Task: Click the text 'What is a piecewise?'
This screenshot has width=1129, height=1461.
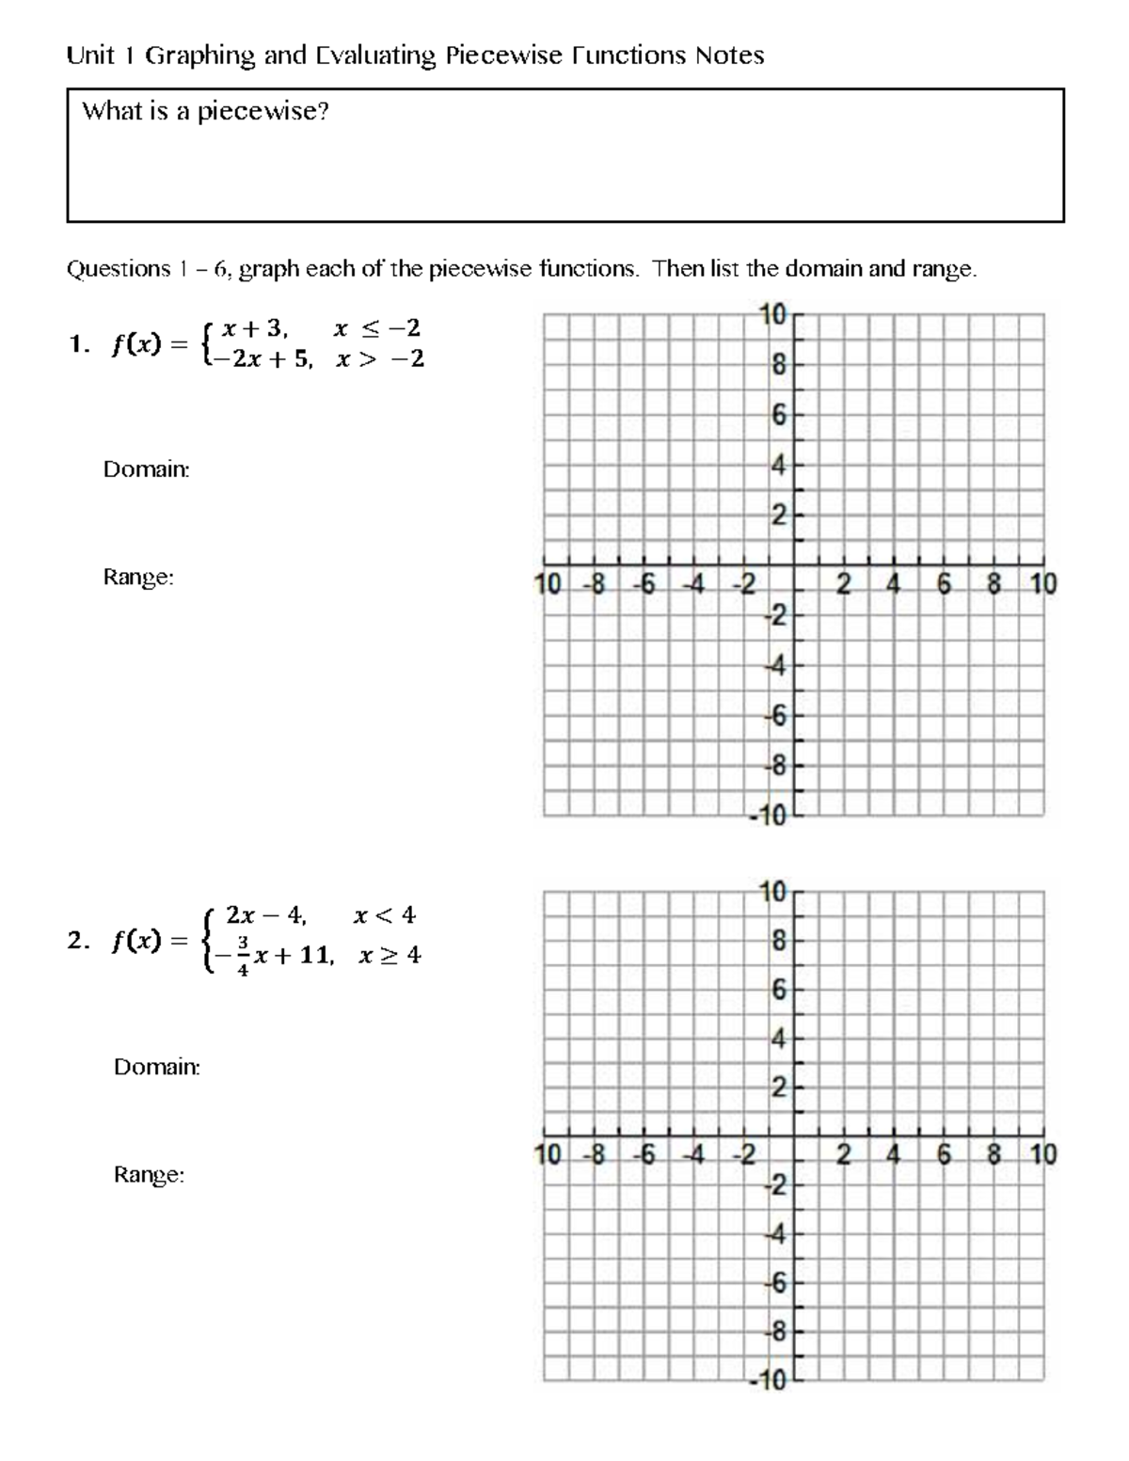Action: (x=205, y=112)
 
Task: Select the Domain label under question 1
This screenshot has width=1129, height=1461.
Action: (x=146, y=468)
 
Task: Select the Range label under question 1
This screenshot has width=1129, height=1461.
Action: (x=138, y=578)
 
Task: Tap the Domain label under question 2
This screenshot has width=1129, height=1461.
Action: (x=156, y=1067)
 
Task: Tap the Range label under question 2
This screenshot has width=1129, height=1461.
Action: (x=149, y=1175)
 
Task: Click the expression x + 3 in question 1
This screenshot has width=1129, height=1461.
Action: (x=248, y=328)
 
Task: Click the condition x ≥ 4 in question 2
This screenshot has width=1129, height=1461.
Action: (x=390, y=956)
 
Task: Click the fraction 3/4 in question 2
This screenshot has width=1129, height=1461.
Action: (x=243, y=955)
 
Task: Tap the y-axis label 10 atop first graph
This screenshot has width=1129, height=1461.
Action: (x=772, y=316)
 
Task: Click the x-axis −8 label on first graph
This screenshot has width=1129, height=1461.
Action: (x=594, y=585)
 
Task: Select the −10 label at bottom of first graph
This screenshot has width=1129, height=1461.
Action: (x=768, y=817)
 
